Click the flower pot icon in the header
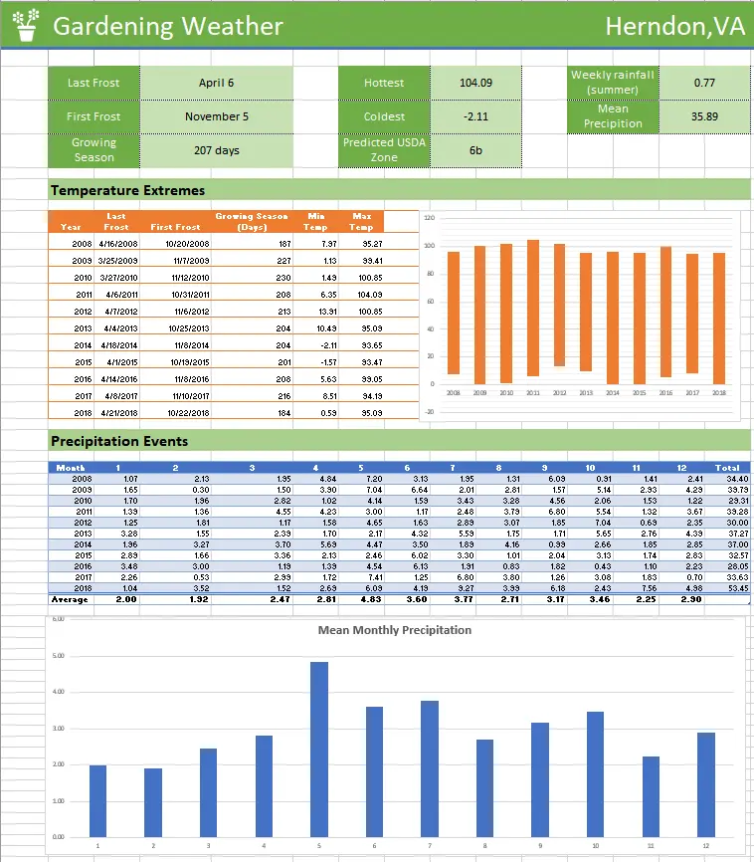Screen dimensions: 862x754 (x=25, y=25)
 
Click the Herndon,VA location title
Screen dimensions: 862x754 (x=674, y=27)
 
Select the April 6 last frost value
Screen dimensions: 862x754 (x=216, y=84)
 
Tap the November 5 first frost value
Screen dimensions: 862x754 (x=216, y=116)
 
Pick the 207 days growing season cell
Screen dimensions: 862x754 (x=216, y=151)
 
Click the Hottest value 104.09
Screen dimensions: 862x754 (x=475, y=84)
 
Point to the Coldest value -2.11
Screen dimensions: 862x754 (x=475, y=116)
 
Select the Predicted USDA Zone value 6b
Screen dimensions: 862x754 (x=475, y=151)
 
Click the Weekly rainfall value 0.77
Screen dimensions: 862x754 (x=704, y=84)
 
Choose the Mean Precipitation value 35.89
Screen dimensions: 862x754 (x=704, y=116)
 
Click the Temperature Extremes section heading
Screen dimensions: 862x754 (x=127, y=190)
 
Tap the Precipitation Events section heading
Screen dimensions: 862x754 (x=118, y=441)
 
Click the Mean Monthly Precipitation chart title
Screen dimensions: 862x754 (x=394, y=630)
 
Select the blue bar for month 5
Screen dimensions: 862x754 (x=319, y=749)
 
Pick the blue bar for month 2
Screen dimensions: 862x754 (x=153, y=802)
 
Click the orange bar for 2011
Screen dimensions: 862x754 (x=533, y=308)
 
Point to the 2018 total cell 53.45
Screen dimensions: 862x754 (x=730, y=588)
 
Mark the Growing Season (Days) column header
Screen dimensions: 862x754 (x=251, y=221)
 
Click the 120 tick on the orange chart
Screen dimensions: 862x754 (x=429, y=218)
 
